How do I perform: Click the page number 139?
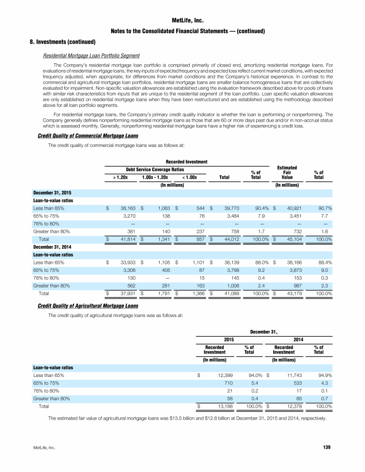pos(327,447)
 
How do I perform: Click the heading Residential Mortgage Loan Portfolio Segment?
pos(91,56)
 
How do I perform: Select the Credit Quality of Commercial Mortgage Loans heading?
pos(88,136)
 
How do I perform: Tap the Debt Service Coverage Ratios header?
pos(154,170)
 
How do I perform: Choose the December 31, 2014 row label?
pos(52,247)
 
